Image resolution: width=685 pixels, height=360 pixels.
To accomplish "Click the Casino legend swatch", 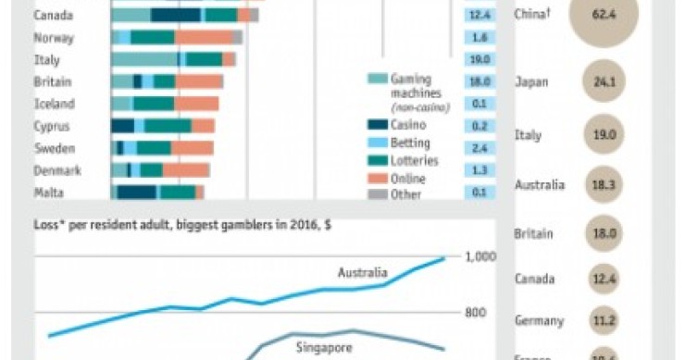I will (x=377, y=124).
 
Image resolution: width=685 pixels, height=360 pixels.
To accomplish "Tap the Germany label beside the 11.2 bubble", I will (x=539, y=321).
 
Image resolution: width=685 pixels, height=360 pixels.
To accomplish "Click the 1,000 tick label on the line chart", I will (x=480, y=257).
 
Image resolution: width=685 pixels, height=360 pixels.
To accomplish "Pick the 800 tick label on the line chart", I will (x=476, y=313).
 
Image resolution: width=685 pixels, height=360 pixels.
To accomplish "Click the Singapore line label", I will (x=322, y=347).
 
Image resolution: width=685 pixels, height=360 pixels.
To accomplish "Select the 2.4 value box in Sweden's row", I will (x=479, y=148).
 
